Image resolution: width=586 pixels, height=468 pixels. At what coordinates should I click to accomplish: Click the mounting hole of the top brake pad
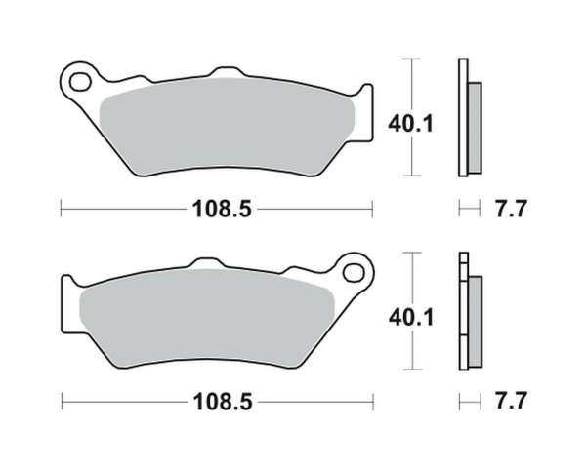tap(80, 82)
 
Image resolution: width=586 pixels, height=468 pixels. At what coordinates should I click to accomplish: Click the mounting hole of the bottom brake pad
tap(354, 273)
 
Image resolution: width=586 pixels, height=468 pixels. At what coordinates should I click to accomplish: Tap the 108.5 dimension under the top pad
tap(222, 209)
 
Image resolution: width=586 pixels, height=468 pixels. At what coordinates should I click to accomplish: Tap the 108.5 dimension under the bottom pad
tap(223, 402)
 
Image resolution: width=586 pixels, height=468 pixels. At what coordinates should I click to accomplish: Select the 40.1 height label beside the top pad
tap(411, 124)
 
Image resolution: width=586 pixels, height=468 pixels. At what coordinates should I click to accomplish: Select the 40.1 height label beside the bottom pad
tap(411, 318)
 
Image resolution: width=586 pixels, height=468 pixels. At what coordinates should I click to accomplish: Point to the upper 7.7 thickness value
tap(511, 209)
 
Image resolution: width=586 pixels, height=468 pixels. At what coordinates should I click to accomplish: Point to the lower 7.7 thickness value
tap(511, 401)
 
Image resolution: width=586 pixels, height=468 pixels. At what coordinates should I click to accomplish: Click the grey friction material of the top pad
tap(228, 126)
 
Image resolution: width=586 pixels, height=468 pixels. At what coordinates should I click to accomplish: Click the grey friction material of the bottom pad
tap(206, 318)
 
